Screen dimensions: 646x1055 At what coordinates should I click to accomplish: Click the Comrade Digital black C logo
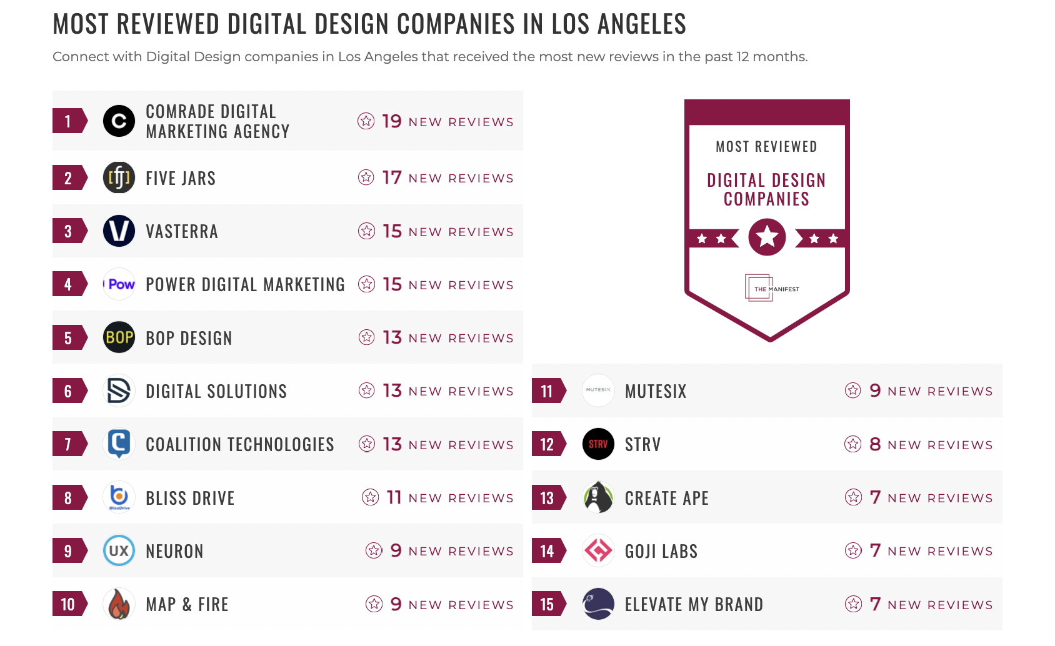coord(119,121)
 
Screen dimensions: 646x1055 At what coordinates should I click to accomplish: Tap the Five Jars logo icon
coord(119,178)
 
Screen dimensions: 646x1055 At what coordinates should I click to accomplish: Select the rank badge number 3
coord(68,231)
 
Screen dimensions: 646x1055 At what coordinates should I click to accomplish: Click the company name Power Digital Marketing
coord(245,285)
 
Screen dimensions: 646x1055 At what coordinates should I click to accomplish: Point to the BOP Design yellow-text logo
coord(119,338)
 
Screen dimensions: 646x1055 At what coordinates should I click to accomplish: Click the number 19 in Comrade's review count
coord(392,121)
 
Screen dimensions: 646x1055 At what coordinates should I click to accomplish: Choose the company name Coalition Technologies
coord(240,445)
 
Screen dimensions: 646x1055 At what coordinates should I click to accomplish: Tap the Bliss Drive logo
coord(119,497)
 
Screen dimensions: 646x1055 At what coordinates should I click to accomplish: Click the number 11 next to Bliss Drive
coord(394,498)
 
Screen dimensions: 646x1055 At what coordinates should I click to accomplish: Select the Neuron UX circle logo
coord(119,551)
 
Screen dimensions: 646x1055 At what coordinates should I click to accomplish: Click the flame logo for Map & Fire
coord(119,604)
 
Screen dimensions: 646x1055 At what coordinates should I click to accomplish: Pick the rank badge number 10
coord(68,604)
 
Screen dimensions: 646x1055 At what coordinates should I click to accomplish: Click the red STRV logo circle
coord(598,444)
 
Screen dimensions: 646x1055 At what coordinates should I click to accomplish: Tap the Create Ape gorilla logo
coord(598,497)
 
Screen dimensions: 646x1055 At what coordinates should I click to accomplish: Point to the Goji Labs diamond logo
coord(598,551)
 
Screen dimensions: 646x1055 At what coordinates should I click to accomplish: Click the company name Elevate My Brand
coord(694,605)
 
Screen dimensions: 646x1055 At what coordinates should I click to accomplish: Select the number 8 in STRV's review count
coord(875,445)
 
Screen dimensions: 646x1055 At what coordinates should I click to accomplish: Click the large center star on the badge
coord(767,237)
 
